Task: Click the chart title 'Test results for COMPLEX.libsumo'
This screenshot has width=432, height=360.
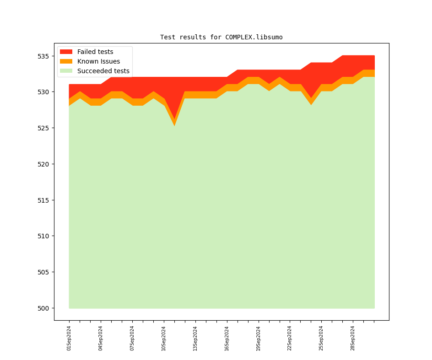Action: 221,37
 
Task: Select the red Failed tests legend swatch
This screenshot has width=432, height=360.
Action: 66,52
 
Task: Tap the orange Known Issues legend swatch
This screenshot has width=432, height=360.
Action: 66,61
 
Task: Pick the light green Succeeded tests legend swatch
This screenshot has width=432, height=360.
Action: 66,71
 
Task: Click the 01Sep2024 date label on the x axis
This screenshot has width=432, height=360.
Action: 69,338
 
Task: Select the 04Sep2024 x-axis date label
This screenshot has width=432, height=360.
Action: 101,338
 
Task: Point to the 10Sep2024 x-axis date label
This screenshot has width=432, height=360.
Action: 164,338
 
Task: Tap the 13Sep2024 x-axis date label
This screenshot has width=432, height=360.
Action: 195,338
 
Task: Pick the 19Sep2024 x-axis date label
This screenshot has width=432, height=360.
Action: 258,338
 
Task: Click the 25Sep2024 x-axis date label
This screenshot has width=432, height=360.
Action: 321,338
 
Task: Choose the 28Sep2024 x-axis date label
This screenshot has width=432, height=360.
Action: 353,338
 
